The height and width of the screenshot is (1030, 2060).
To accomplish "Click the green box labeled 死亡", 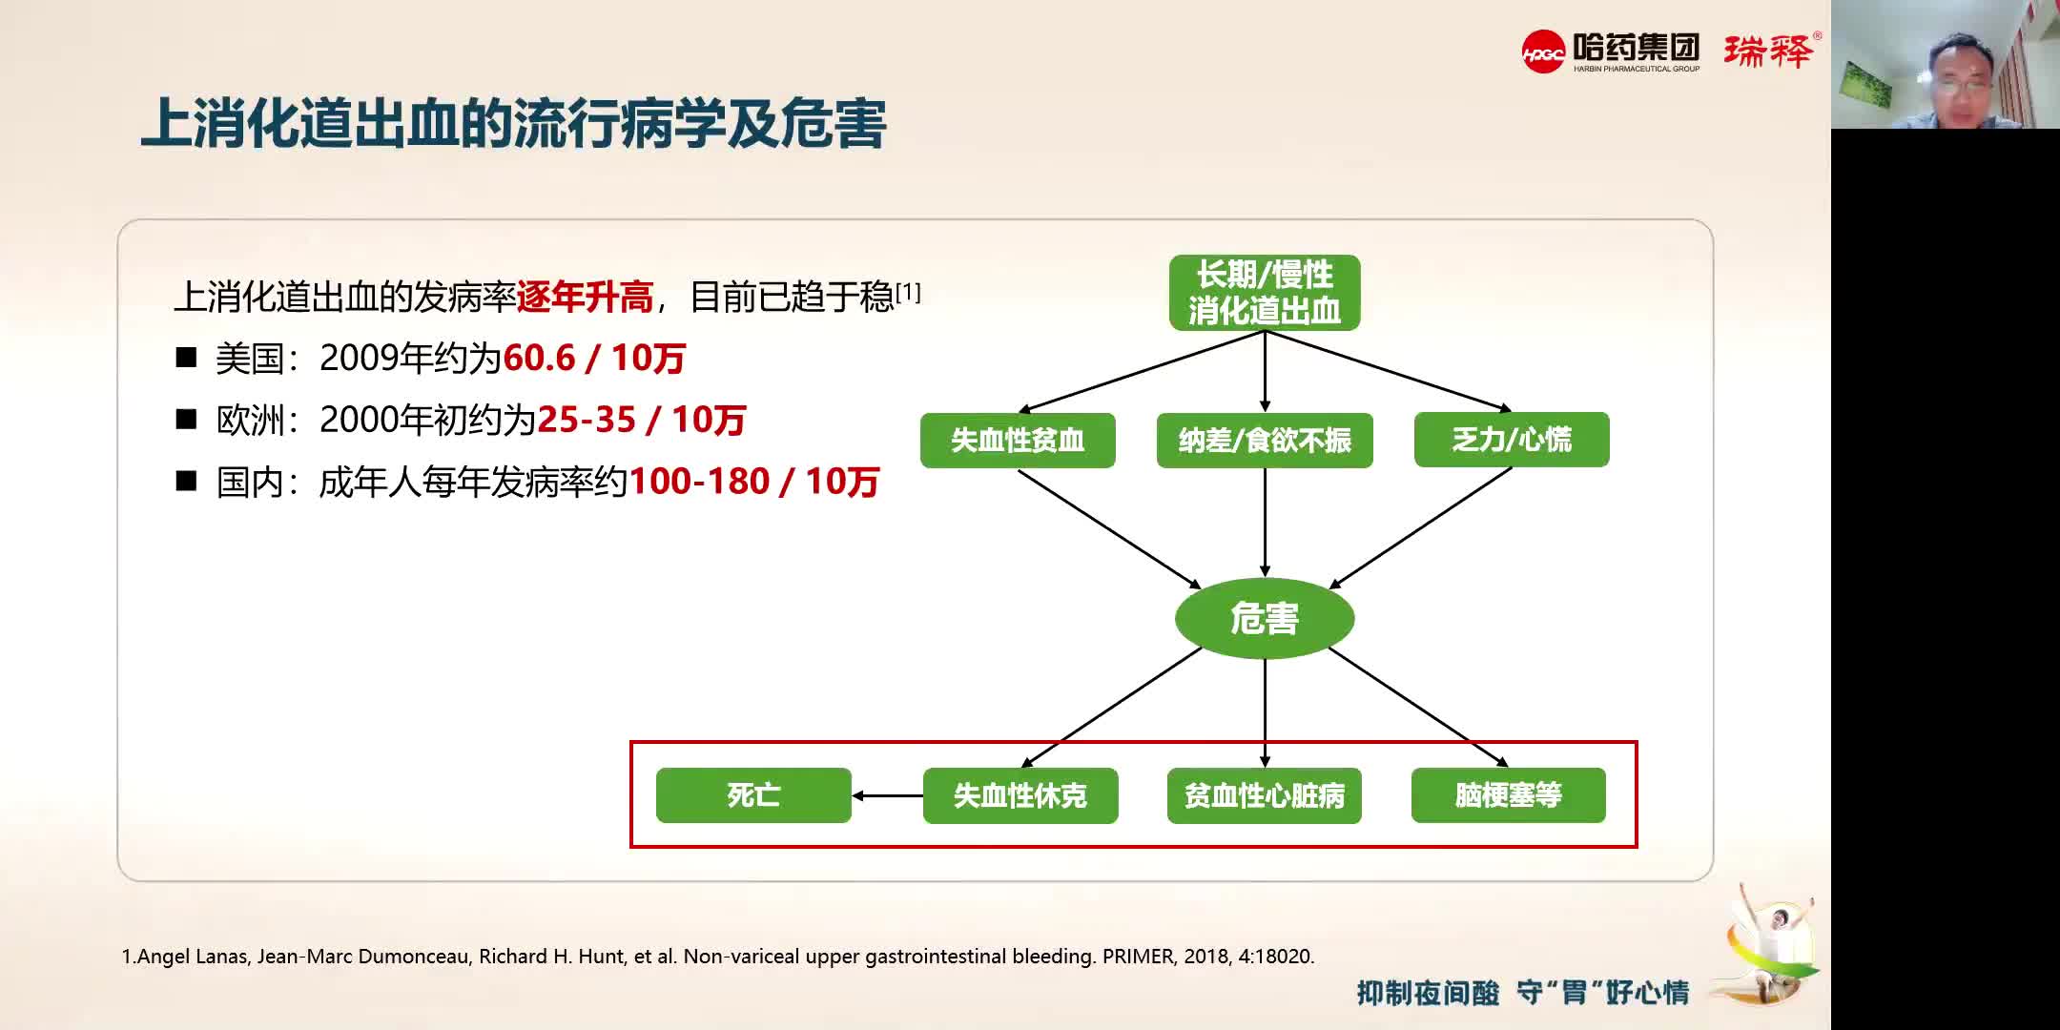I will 753,795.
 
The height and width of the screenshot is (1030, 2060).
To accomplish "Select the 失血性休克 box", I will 1020,795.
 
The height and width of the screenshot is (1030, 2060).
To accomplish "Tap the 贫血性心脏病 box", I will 1264,795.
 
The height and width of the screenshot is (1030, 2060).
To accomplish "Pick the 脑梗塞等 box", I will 1508,795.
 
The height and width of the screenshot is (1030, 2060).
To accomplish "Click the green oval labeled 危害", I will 1264,619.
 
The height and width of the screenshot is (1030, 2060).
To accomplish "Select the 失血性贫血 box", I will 1017,440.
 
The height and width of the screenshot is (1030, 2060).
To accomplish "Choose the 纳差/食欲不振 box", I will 1264,440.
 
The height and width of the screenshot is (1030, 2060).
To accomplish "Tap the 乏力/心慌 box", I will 1511,440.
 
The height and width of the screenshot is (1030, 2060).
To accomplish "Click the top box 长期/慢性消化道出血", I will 1264,293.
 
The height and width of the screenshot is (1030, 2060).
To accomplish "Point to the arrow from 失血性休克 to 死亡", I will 887,795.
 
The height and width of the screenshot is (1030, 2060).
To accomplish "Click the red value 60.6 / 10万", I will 593,359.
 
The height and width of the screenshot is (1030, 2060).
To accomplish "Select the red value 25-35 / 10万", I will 641,420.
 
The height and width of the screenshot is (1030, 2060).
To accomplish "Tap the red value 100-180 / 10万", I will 753,482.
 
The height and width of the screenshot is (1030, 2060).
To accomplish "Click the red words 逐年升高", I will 585,298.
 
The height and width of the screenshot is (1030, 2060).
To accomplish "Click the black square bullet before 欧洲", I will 186,420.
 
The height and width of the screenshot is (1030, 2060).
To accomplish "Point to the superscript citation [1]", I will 908,292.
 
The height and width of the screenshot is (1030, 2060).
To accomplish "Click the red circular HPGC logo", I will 1543,51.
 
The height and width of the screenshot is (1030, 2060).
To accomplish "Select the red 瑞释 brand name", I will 1767,51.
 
